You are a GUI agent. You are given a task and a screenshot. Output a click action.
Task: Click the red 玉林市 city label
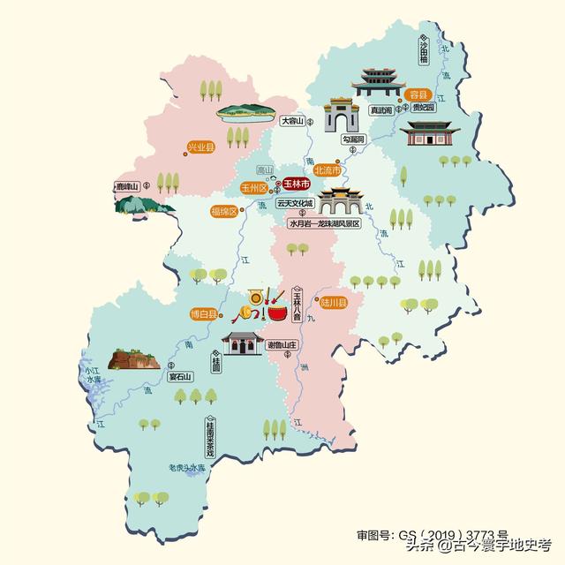pos(297,185)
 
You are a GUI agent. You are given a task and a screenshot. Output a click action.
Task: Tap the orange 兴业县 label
pos(200,147)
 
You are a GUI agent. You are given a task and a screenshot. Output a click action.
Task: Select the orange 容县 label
pos(417,94)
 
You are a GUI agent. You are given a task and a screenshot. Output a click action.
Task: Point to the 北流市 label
pos(327,169)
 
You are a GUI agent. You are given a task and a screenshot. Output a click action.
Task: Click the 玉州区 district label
pos(254,187)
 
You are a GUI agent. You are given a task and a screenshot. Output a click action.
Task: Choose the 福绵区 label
pos(223,211)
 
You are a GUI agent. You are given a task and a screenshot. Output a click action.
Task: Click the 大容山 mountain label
pos(292,120)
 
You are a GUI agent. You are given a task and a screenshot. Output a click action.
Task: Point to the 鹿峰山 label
pos(129,186)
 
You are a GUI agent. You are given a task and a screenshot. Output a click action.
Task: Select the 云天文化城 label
pos(295,203)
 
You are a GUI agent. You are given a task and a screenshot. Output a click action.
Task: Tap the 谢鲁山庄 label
pos(283,344)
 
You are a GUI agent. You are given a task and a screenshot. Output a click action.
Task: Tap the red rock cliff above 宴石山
pos(133,358)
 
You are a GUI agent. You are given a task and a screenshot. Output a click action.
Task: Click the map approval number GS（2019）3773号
pos(432,534)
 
